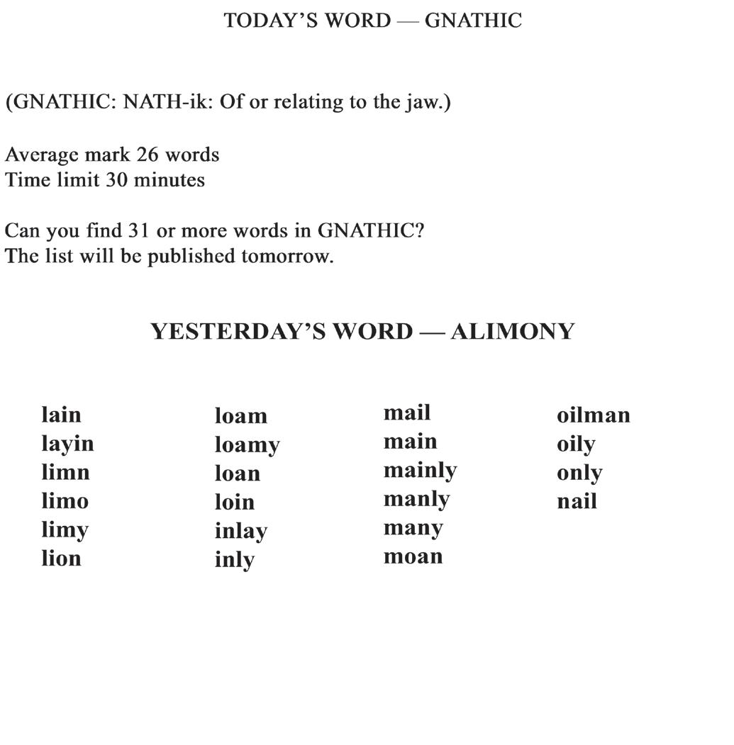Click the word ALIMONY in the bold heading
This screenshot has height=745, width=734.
point(512,332)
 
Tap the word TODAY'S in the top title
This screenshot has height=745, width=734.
point(269,21)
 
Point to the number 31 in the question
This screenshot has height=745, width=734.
point(140,231)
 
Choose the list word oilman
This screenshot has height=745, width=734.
point(593,415)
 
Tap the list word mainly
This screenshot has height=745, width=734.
point(420,471)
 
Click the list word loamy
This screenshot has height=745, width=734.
point(247,445)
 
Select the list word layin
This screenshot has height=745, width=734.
point(67,444)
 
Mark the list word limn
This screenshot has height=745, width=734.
point(65,472)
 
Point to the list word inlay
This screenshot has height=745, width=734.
point(240,531)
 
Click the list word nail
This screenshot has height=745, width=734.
point(577,501)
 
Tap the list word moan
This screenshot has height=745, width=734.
point(413,556)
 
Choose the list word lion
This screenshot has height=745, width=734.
point(61,559)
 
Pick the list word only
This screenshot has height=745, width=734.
point(579,473)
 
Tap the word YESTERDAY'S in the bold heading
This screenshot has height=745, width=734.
point(281,332)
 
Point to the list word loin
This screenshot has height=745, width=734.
point(234,502)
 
